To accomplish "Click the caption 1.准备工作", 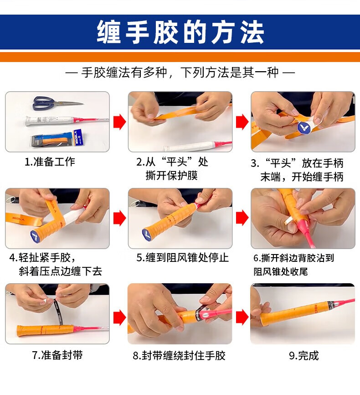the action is pos(50,161).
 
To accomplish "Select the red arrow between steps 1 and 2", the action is pos(119,122).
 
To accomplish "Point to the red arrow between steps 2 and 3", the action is pos(242,122).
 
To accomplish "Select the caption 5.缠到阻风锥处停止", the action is pos(183,257).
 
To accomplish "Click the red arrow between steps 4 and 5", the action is pos(119,218).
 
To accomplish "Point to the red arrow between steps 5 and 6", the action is pos(242,218).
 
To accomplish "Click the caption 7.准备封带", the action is pos(57,355).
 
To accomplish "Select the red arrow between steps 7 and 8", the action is pos(119,317).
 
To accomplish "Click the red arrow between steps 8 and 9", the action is pos(242,317).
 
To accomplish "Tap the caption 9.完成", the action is pos(304,355).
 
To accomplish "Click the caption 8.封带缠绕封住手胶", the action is pos(179,355).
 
